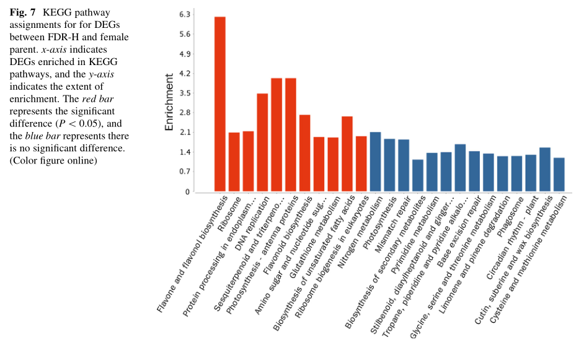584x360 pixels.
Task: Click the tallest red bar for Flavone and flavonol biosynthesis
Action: point(220,104)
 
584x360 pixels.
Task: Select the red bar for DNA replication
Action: point(262,143)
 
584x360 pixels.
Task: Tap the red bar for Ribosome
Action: point(234,162)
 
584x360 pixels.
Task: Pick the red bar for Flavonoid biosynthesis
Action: point(304,153)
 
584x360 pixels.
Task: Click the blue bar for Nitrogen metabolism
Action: point(375,162)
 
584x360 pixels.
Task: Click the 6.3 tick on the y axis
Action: point(184,14)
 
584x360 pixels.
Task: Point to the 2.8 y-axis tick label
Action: point(184,113)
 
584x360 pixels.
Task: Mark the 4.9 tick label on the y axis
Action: point(184,54)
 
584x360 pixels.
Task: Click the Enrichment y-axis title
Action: point(169,102)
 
